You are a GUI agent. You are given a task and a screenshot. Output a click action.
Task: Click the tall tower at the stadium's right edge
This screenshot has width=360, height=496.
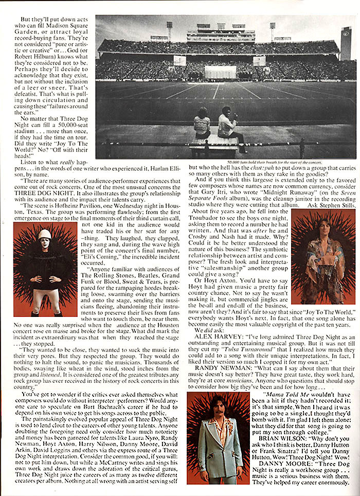click(x=346, y=43)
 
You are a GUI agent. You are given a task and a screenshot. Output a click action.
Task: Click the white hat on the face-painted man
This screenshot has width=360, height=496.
click(x=45, y=235)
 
